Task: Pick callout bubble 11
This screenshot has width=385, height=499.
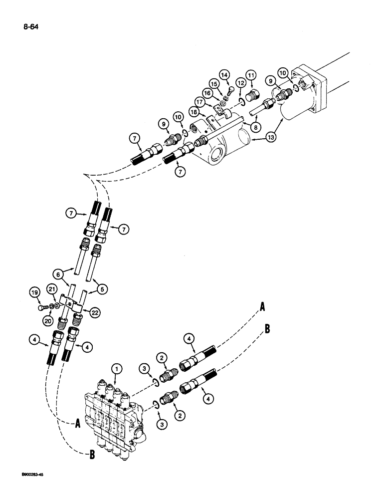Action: [251, 75]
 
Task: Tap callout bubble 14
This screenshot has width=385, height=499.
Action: [224, 74]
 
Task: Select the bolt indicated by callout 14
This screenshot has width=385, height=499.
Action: [230, 91]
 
